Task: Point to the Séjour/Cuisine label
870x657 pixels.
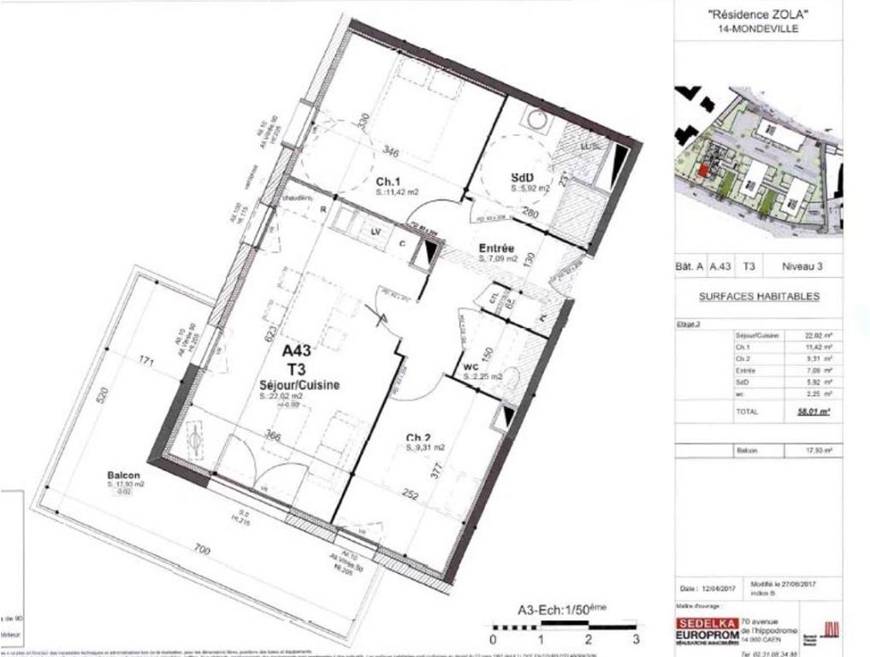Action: tap(299, 386)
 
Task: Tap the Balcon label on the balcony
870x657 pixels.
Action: tap(124, 475)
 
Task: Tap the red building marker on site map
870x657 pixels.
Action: tap(702, 171)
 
